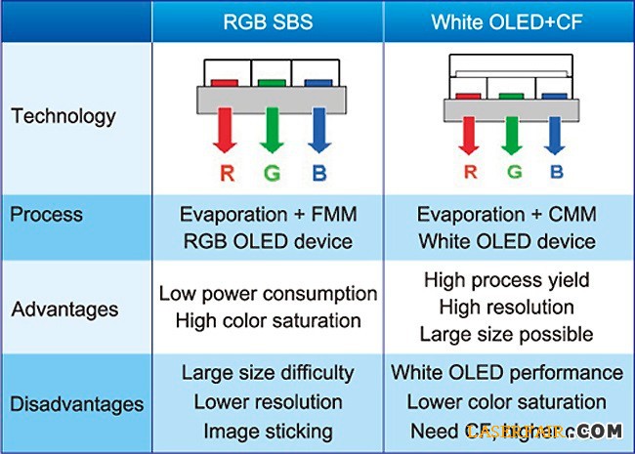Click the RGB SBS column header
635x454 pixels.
click(268, 21)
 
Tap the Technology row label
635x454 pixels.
click(63, 116)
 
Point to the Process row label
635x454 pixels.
click(47, 214)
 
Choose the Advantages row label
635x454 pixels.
click(64, 310)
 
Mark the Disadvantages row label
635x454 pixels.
click(77, 403)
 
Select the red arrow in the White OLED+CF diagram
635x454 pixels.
click(470, 135)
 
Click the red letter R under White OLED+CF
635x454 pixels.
click(470, 173)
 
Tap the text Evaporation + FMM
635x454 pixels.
click(268, 215)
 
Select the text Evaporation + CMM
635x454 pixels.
click(507, 215)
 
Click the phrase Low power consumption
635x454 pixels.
click(268, 293)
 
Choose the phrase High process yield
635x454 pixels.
click(507, 280)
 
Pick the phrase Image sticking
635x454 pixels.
click(268, 431)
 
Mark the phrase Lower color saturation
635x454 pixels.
click(507, 401)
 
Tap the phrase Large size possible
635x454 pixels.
click(507, 334)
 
